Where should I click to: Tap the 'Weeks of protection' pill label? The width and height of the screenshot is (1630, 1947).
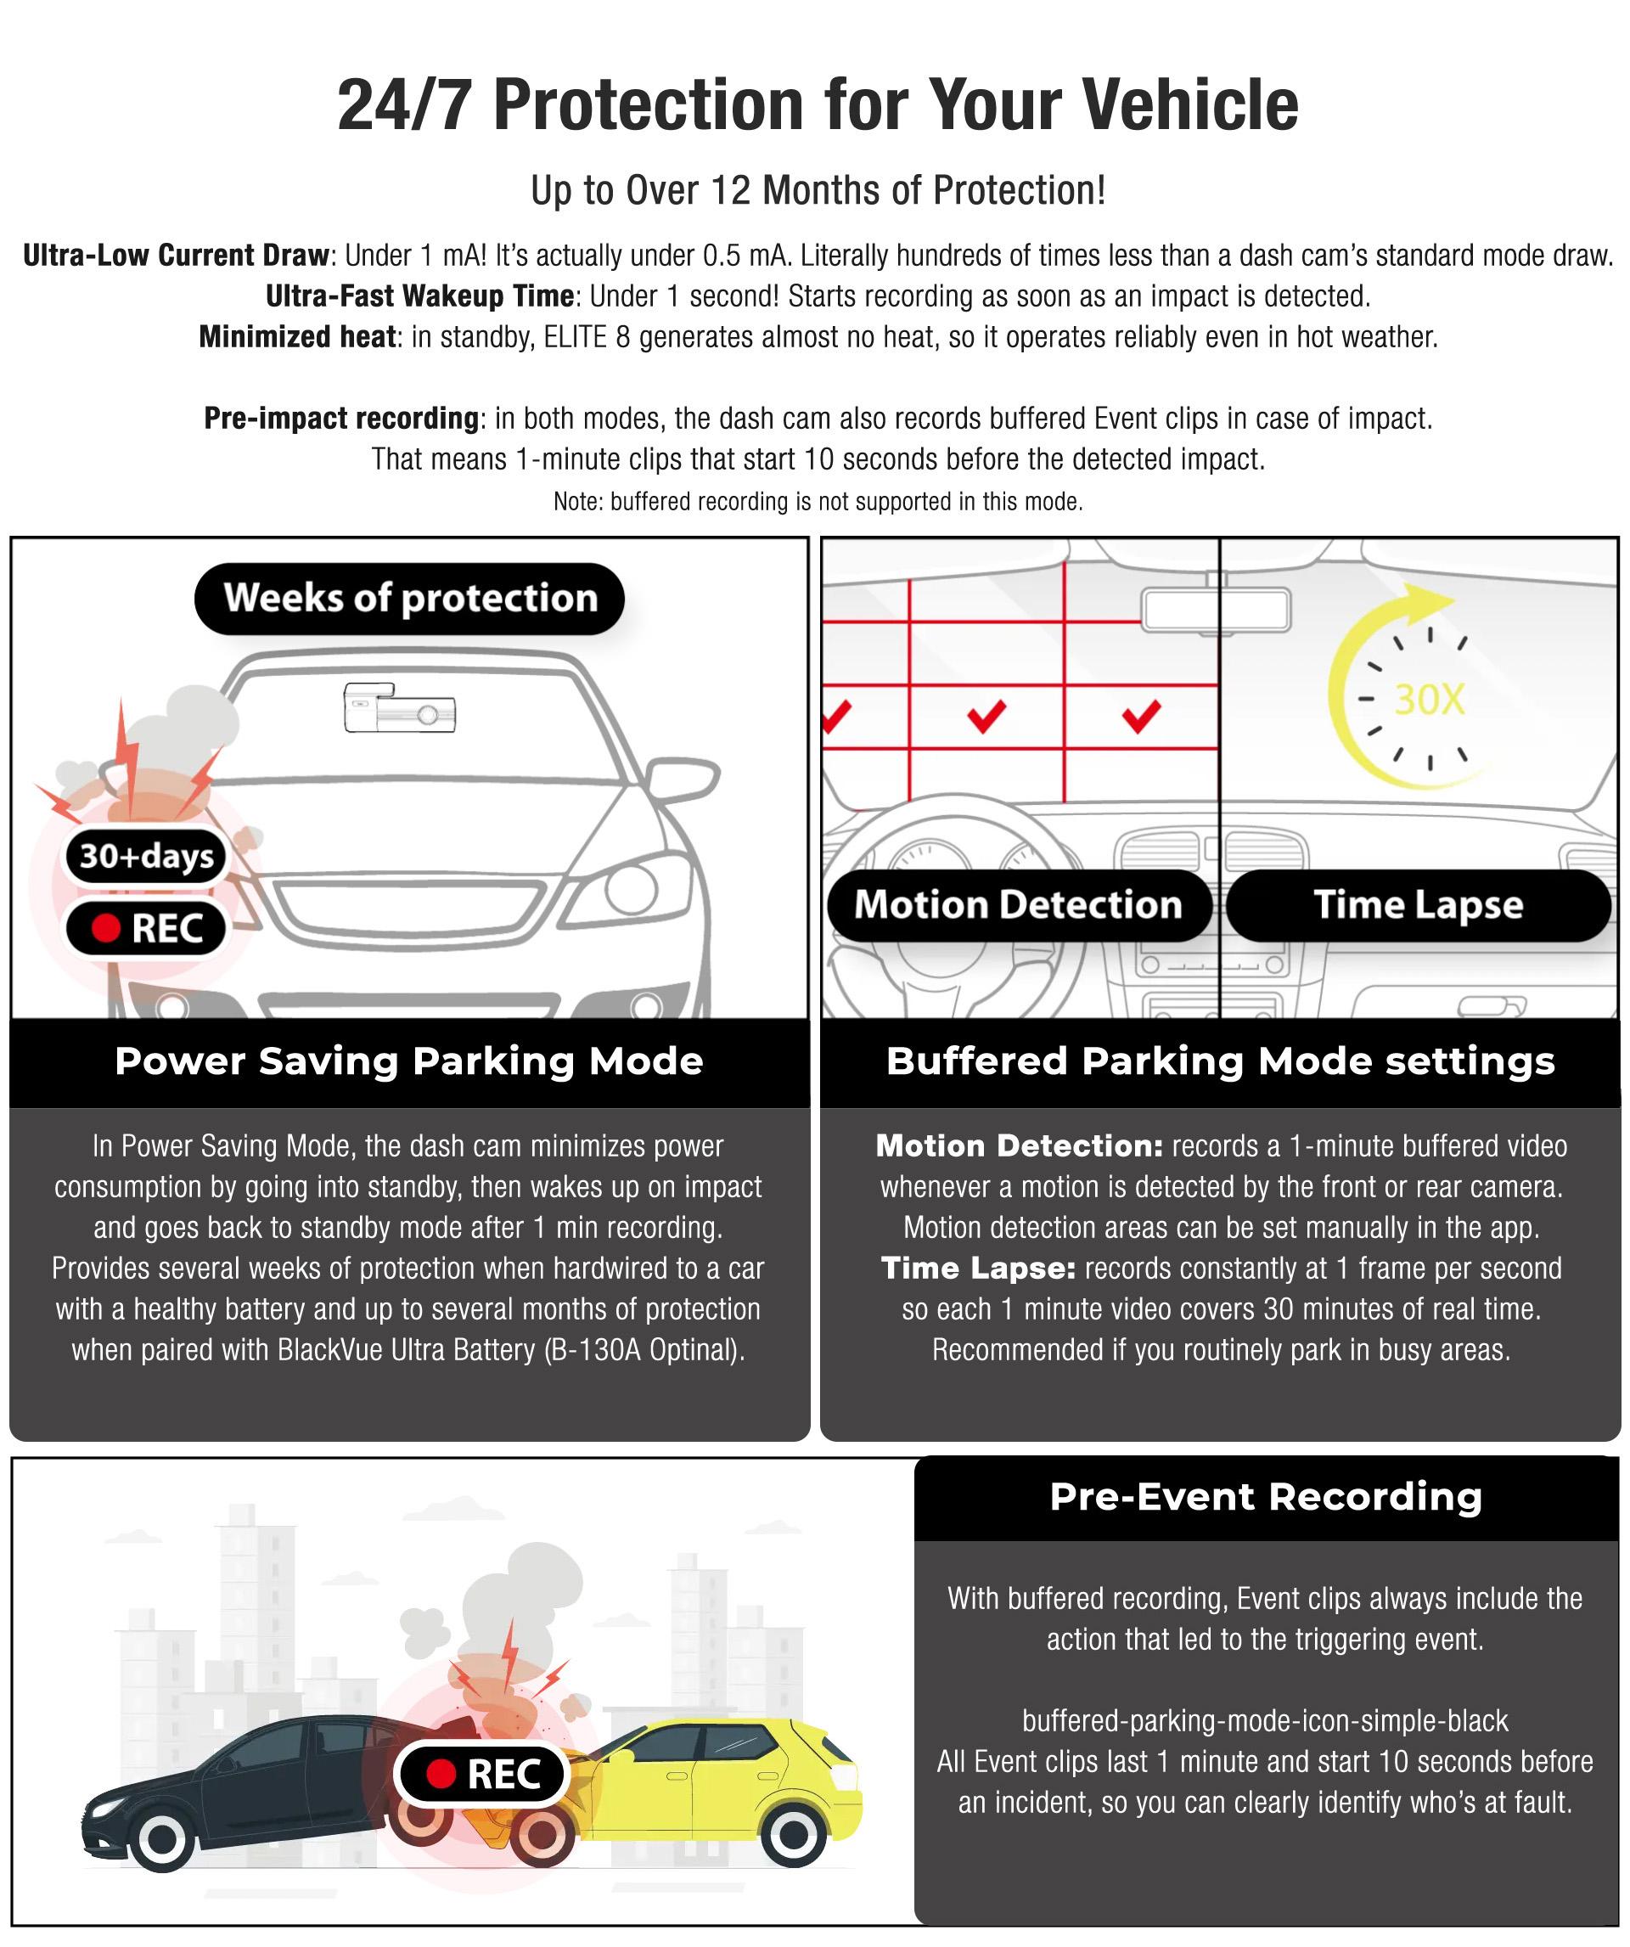409,598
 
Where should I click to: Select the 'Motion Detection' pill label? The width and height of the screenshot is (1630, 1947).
1018,904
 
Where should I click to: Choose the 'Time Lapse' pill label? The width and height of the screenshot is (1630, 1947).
1418,904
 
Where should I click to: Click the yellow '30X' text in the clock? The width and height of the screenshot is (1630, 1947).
1429,699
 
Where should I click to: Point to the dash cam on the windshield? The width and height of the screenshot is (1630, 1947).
400,708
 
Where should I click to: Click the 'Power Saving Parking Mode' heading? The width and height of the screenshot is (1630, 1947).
409,1061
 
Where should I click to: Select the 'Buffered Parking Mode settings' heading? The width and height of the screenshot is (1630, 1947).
1220,1061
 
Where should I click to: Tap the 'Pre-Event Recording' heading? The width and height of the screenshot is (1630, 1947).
1266,1496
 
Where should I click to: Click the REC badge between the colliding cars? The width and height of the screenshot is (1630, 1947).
482,1774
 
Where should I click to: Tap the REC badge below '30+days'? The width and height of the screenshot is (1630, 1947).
147,927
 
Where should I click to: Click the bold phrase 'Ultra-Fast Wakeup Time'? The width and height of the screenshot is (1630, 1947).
419,295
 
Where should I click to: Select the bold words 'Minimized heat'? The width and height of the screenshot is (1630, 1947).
296,336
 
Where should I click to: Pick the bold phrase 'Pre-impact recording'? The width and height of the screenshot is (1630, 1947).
340,418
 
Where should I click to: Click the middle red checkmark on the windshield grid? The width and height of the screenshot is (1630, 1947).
986,715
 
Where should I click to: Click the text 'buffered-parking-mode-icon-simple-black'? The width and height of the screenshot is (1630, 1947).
1265,1721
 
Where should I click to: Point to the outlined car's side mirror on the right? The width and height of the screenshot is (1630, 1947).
684,779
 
